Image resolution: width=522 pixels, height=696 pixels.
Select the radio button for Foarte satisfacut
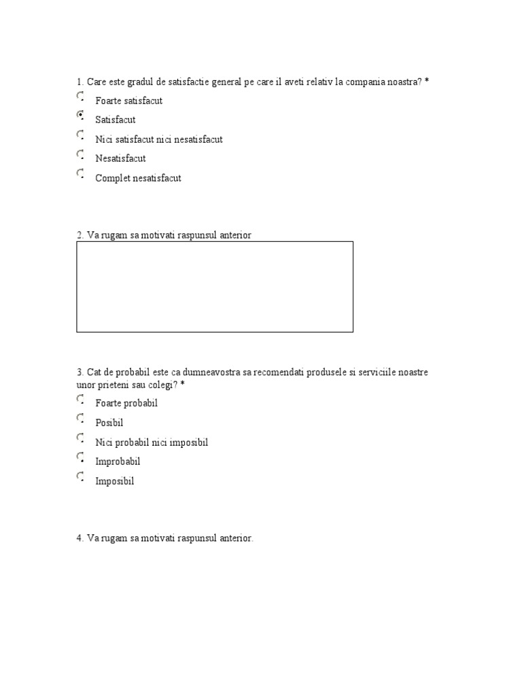[80, 97]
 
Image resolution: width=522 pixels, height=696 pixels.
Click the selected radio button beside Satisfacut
[80, 116]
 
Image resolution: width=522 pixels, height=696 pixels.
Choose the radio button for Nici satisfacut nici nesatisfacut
[80, 135]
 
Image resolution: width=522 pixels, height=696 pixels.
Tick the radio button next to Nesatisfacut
[80, 154]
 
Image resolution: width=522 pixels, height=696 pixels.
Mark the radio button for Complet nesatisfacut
[80, 174]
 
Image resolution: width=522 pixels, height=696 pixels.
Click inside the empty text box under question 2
[214, 286]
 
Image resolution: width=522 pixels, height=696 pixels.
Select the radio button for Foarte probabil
[80, 399]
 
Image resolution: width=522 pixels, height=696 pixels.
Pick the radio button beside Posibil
[80, 418]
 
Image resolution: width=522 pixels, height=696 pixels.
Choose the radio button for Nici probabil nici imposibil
[80, 438]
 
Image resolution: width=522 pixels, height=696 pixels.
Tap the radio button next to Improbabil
[80, 457]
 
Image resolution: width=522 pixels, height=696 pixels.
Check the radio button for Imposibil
[80, 476]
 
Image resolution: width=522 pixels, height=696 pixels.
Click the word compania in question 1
[366, 82]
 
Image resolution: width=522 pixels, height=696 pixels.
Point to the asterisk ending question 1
[427, 82]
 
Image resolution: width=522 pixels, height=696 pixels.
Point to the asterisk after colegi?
[183, 385]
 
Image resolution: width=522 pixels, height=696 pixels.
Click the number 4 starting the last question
[79, 538]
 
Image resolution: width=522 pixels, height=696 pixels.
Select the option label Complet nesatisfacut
[138, 178]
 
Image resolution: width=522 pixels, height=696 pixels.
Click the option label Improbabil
[118, 462]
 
